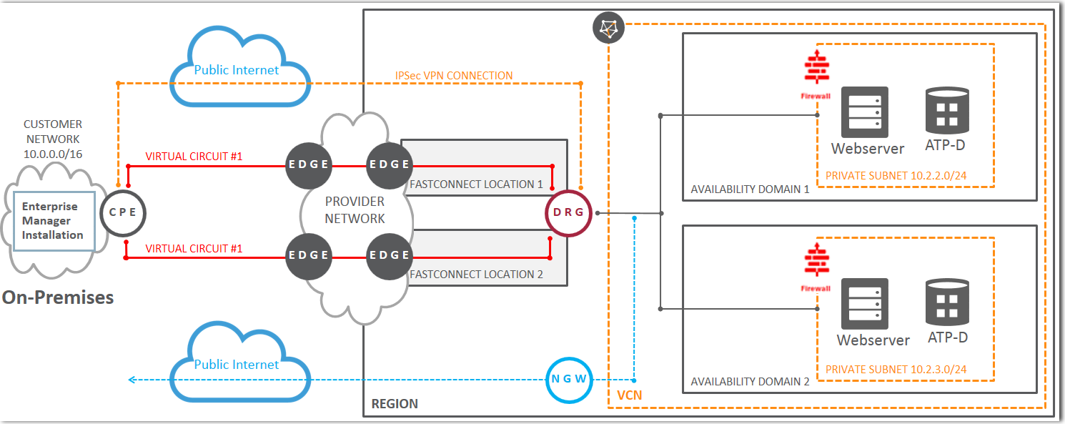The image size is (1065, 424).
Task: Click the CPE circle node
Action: coord(123,212)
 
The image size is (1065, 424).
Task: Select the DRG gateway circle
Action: coord(569,212)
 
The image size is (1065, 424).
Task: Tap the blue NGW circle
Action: coord(570,380)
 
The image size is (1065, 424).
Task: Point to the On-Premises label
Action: coord(58,297)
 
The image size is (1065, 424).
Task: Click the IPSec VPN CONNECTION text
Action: coord(454,75)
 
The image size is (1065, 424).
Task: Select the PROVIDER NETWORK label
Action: coord(355,209)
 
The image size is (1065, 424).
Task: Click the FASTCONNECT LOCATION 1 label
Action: coord(477,184)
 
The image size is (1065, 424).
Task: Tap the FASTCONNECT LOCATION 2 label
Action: coord(477,274)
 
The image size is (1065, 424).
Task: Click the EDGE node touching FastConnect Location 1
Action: coord(389,164)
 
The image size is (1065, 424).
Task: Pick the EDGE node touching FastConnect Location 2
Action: coord(389,255)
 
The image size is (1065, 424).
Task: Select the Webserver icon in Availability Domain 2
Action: coord(864,302)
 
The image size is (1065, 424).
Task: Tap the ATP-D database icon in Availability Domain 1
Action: coord(947,112)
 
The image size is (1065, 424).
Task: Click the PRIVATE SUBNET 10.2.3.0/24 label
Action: coord(896,370)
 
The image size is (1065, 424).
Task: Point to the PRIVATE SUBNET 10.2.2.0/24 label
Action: coord(896,175)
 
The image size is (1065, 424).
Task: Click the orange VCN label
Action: coord(629,395)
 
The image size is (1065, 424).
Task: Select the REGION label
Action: coord(395,404)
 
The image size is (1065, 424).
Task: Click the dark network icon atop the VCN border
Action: coord(608,29)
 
